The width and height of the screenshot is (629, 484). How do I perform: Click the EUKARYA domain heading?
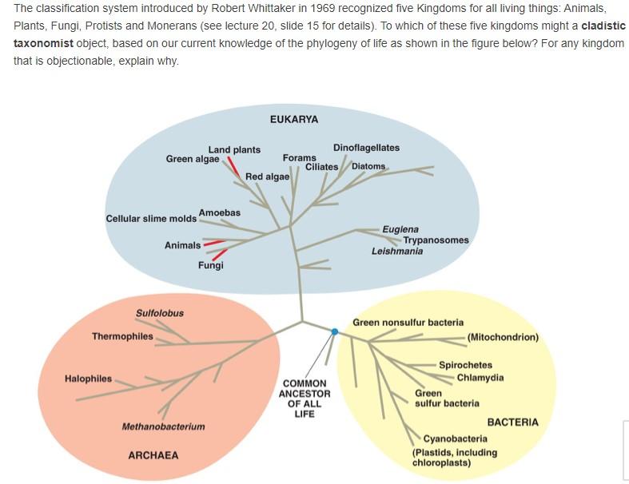coord(293,119)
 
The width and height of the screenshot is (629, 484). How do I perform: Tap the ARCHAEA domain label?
coord(153,455)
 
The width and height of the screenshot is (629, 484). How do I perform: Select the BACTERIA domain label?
coord(512,422)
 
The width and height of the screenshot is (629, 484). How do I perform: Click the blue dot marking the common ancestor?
coord(334,331)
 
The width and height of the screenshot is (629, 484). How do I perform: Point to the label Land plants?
coord(234,149)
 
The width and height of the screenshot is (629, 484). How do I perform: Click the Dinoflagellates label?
coord(366,148)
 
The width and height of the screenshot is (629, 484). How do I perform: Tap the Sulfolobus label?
coord(159,313)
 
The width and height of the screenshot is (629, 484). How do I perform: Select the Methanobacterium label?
coord(163,426)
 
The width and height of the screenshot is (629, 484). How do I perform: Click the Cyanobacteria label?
coord(455,438)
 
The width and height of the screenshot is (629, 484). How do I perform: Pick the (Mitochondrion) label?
coord(503,337)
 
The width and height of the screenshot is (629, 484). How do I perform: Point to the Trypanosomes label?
coord(436,240)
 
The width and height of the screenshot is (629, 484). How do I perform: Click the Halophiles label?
coord(88,379)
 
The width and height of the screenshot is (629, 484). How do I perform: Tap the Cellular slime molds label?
coord(151,219)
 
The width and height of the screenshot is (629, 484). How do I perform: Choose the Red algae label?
coord(267,177)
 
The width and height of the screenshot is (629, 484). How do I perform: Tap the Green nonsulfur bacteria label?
coord(408,323)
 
